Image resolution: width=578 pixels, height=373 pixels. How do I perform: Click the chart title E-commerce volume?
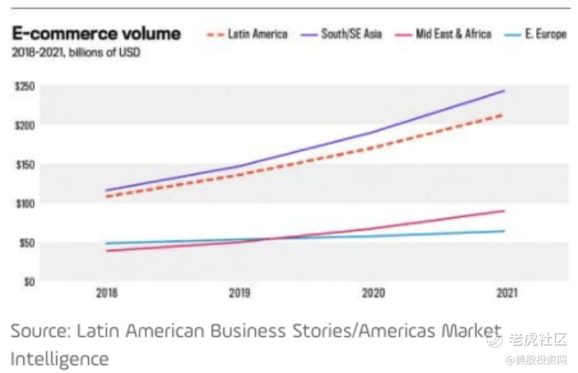point(97,34)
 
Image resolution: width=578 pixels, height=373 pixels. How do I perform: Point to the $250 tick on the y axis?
point(24,86)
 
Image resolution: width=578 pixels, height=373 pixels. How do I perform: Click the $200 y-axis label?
point(24,125)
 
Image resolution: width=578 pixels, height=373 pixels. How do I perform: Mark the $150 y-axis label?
point(24,165)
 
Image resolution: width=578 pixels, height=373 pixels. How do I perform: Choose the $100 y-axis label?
point(24,204)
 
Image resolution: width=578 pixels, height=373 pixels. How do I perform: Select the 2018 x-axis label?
point(107,293)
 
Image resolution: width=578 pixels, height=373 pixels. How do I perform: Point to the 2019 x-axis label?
point(240,293)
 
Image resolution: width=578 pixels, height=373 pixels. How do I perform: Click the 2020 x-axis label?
point(373,293)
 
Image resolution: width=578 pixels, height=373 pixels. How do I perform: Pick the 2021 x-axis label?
point(507,293)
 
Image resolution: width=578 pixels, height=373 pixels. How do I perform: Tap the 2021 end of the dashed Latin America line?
point(503,114)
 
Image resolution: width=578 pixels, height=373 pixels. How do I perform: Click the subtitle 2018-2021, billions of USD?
point(76,52)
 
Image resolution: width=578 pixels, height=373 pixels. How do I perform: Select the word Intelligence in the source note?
point(59,358)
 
